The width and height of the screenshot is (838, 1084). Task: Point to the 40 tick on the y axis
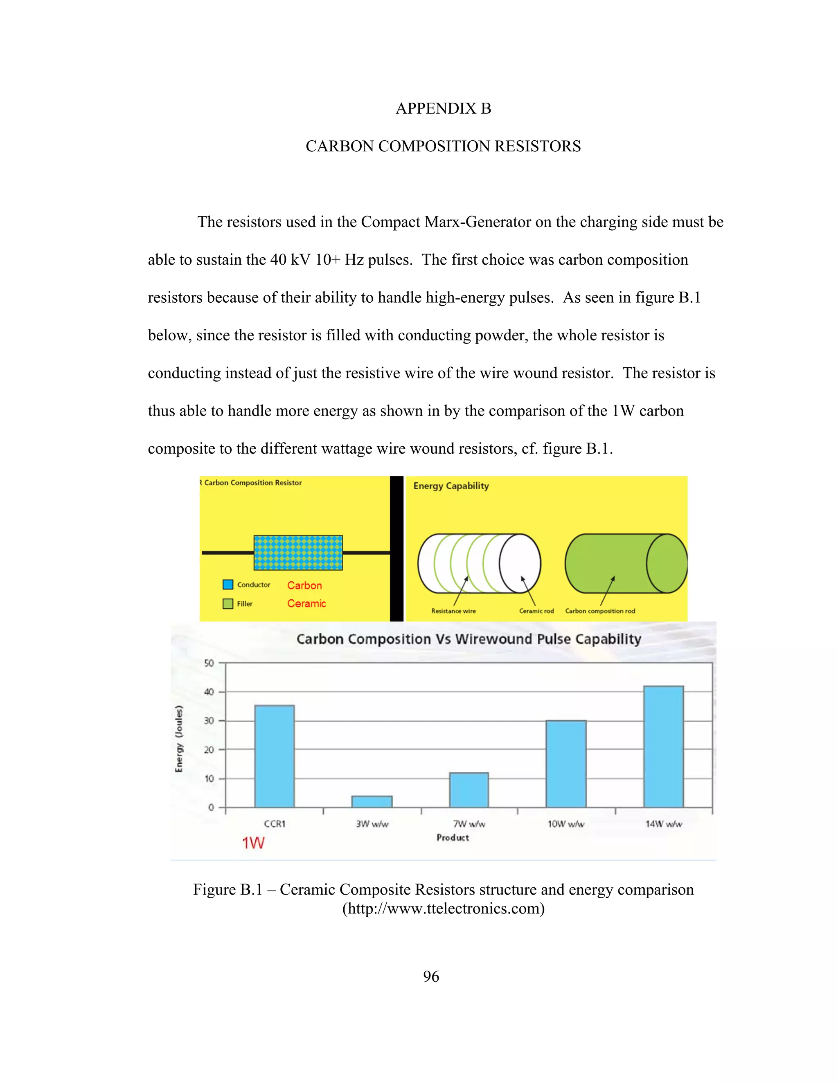tap(209, 692)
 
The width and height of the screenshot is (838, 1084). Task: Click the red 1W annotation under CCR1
tap(253, 843)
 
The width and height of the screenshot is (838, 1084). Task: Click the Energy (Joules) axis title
tap(179, 738)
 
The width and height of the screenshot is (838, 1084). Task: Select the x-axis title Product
tap(452, 838)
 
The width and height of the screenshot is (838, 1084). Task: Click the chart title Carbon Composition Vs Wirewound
tap(469, 639)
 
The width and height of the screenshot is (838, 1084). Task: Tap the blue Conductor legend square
tap(228, 585)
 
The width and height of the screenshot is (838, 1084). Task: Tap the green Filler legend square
tap(228, 603)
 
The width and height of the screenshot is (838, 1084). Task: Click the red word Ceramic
tap(306, 603)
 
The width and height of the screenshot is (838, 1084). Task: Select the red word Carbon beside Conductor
tap(304, 586)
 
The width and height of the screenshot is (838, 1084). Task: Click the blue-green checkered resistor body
tap(298, 552)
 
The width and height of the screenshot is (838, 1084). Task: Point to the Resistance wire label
tap(453, 611)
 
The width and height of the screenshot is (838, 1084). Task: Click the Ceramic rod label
tap(536, 611)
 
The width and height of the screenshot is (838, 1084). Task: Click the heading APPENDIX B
tap(443, 108)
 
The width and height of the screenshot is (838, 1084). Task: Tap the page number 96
tap(431, 977)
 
